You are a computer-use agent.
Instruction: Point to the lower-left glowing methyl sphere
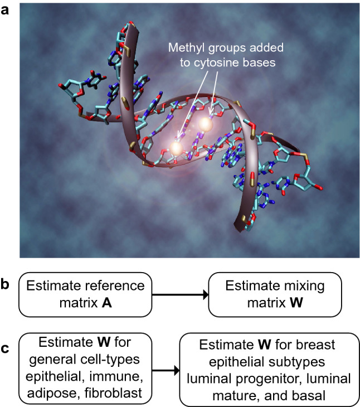[176, 148]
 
